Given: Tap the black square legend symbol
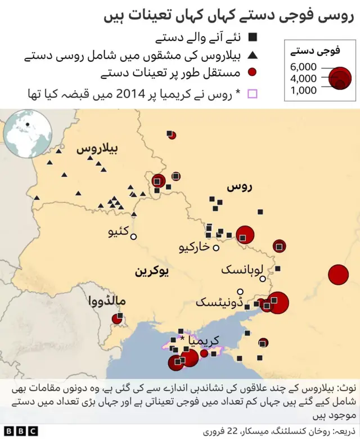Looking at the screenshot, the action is point(253,38).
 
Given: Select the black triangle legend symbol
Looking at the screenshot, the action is point(253,56).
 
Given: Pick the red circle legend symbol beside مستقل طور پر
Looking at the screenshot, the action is point(253,73).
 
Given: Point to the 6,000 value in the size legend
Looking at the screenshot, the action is point(304,67).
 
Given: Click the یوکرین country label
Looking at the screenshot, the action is point(152,271).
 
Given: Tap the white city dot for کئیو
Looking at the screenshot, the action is point(134,236).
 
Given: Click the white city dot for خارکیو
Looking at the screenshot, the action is point(216,247).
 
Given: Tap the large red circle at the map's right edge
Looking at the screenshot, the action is point(339,274).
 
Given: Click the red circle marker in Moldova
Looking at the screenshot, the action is point(118,319).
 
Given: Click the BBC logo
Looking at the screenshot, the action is point(19,431).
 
